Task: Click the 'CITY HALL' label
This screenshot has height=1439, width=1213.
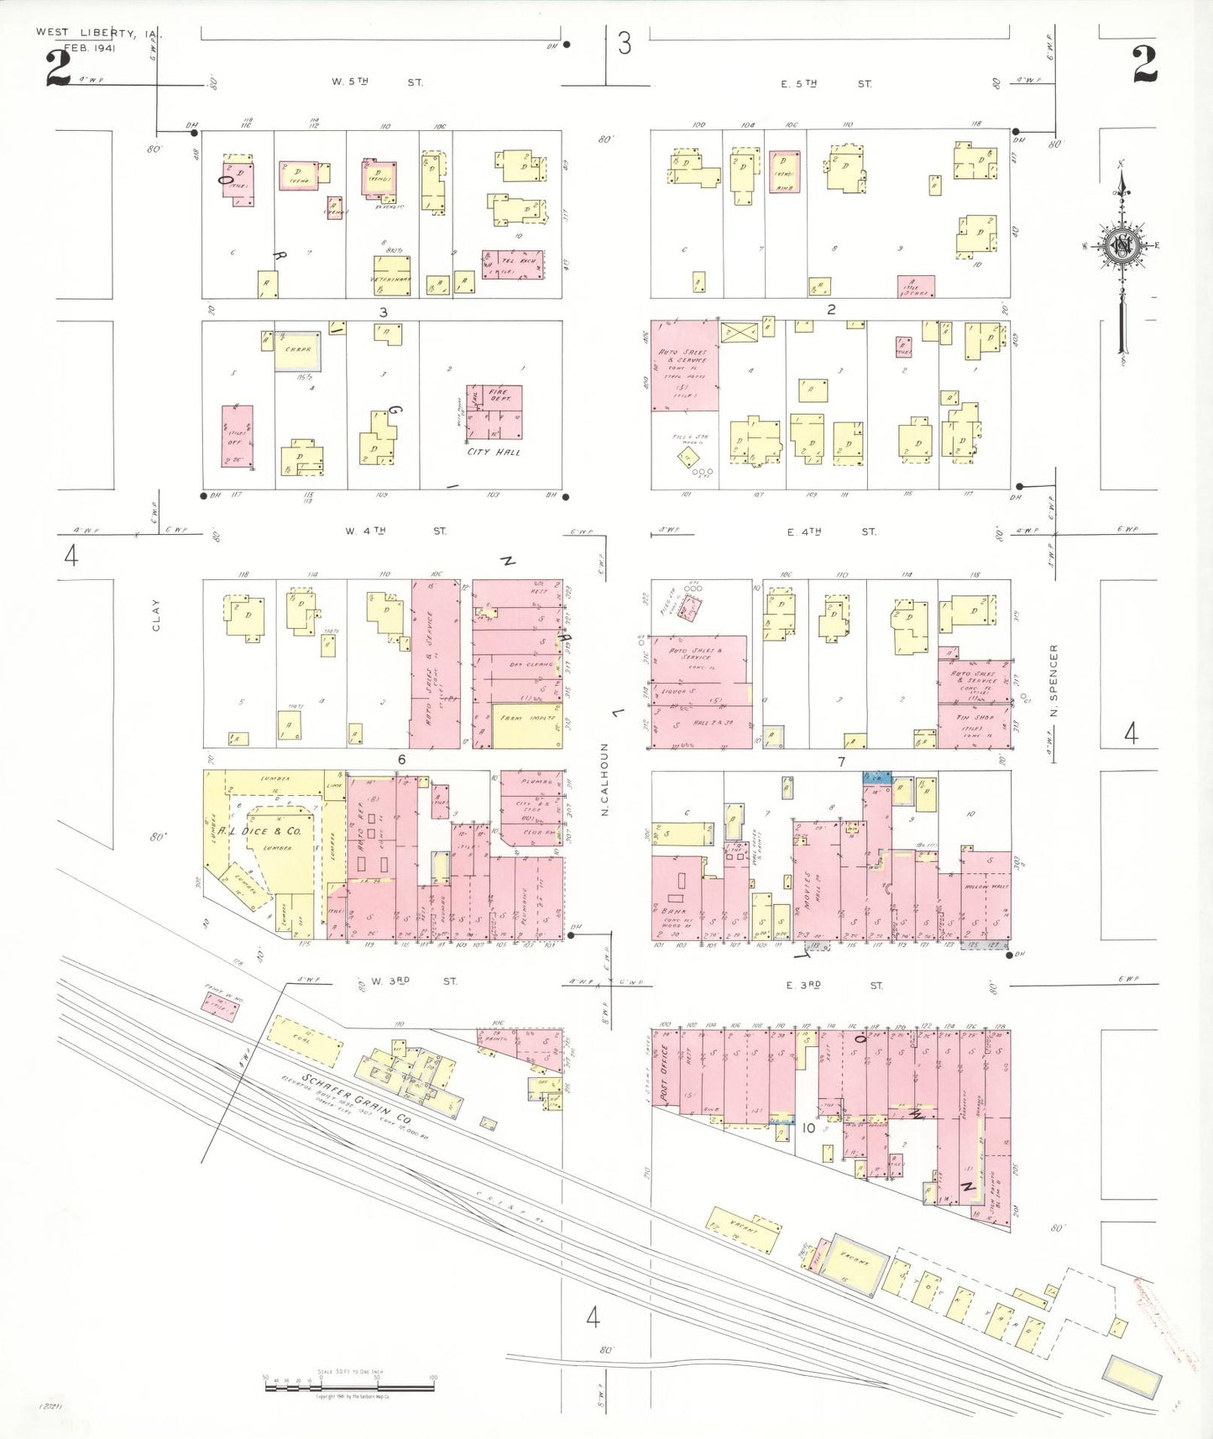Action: [x=494, y=452]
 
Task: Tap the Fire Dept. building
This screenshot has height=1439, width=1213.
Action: [x=494, y=411]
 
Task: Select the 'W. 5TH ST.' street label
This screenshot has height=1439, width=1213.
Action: [x=377, y=82]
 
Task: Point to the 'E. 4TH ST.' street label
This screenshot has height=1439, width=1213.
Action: [x=831, y=531]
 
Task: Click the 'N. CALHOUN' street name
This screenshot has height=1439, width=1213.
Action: [x=604, y=778]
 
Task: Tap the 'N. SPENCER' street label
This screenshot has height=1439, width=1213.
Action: [x=1054, y=680]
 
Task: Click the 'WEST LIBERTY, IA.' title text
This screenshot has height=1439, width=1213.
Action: [x=99, y=33]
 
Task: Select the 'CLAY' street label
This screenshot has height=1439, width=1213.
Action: [x=156, y=615]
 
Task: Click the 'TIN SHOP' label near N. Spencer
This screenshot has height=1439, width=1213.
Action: [x=975, y=718]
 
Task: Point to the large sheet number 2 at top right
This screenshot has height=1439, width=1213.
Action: [x=1144, y=65]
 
